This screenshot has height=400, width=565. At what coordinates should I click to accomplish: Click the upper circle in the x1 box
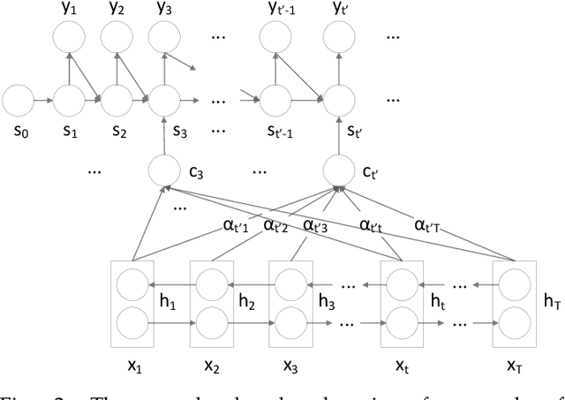pos(132,284)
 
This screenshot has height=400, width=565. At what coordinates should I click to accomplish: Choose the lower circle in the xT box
pos(514,319)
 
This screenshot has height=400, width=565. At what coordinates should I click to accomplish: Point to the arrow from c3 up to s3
pos(163,131)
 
